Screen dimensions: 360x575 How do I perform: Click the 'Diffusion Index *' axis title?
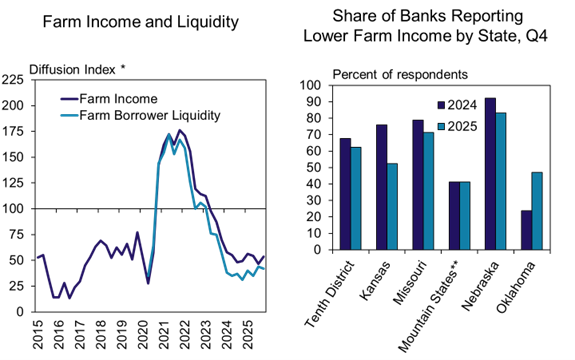pyautogui.click(x=77, y=68)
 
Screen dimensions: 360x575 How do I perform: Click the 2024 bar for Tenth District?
pyautogui.click(x=344, y=194)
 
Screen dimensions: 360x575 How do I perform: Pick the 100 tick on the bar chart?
pyautogui.click(x=311, y=86)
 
